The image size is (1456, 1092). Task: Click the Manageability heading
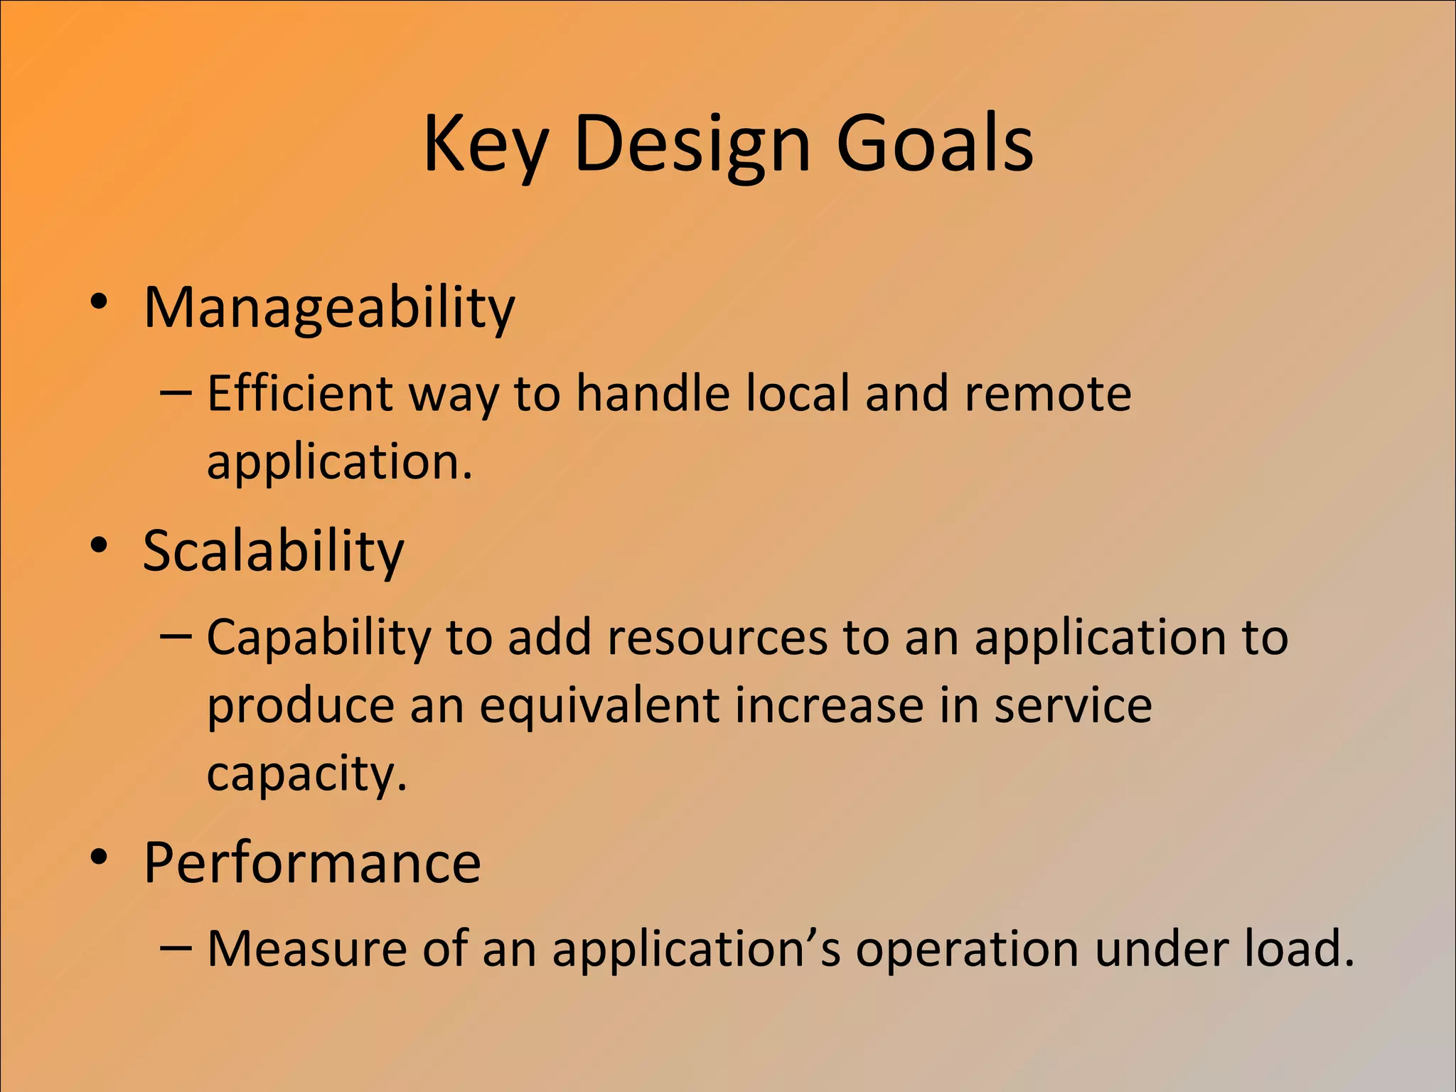pos(328,308)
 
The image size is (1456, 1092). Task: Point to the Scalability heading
pos(273,551)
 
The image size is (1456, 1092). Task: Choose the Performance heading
pos(312,862)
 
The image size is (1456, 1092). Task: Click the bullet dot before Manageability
pos(99,302)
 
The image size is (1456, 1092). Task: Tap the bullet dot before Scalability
pos(99,546)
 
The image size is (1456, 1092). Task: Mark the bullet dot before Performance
pos(99,857)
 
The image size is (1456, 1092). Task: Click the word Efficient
pos(299,393)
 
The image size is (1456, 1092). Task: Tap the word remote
pos(1047,393)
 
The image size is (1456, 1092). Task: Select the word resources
pos(717,637)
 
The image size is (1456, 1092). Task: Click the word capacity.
pos(306,775)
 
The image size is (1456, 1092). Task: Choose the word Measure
pos(308,948)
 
